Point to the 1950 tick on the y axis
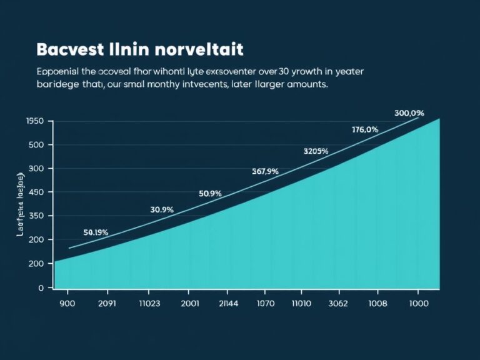(35, 121)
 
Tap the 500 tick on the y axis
(37, 145)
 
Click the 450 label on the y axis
(37, 192)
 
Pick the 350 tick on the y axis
(37, 216)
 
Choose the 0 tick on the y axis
(41, 287)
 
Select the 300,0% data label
(409, 113)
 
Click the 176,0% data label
(365, 130)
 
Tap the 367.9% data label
(265, 171)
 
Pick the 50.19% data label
(96, 232)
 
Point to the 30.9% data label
(162, 210)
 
